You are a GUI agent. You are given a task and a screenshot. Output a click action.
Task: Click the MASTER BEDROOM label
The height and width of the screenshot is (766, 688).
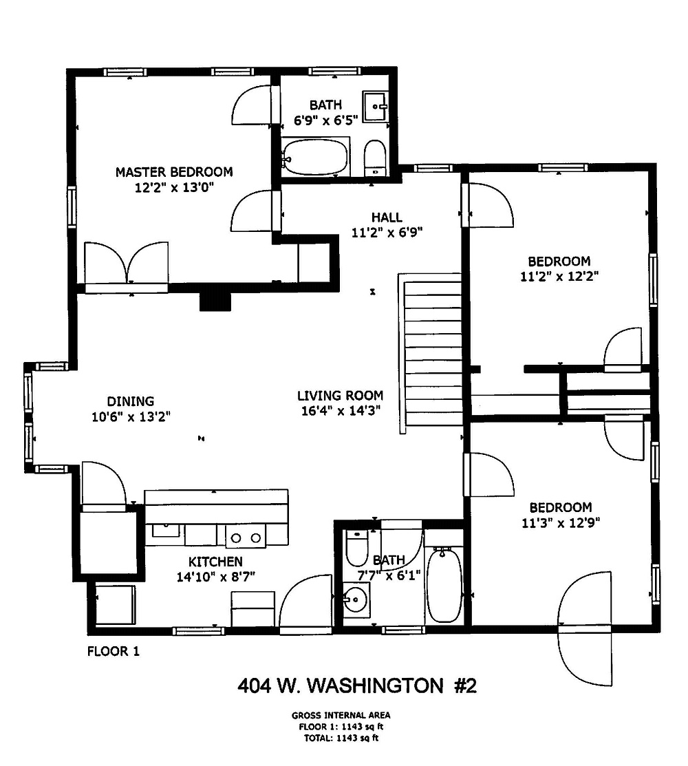coord(174,172)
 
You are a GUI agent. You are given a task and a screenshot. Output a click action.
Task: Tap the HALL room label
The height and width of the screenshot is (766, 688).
coord(387,217)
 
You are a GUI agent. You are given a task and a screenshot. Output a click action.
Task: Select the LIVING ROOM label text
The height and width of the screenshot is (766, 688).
coord(341,395)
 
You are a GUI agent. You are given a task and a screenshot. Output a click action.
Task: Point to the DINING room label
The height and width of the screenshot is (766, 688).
coord(130,401)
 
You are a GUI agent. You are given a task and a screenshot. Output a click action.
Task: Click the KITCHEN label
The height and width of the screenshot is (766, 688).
coord(215,562)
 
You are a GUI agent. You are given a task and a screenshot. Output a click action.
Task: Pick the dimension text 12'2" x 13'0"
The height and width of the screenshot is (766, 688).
coord(174,188)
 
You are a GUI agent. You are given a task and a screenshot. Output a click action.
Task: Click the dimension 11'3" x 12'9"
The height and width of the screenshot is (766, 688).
coord(561,523)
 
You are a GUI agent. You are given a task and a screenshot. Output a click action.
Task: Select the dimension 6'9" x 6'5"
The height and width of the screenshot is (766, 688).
coord(325,120)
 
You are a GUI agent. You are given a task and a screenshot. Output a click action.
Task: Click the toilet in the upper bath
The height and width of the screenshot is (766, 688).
coord(375,158)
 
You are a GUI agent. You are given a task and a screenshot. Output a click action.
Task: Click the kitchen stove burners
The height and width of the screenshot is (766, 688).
coord(246,538)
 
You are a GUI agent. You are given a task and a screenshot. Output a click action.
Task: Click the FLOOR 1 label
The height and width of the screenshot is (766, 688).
coord(114,651)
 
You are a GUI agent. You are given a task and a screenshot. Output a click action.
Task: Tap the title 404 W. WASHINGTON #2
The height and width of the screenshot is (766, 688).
coord(357,686)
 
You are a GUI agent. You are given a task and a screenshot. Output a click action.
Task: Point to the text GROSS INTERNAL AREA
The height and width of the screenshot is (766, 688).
coord(341,715)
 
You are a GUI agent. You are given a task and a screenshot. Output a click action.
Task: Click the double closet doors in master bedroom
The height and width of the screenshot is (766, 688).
coord(127,264)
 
